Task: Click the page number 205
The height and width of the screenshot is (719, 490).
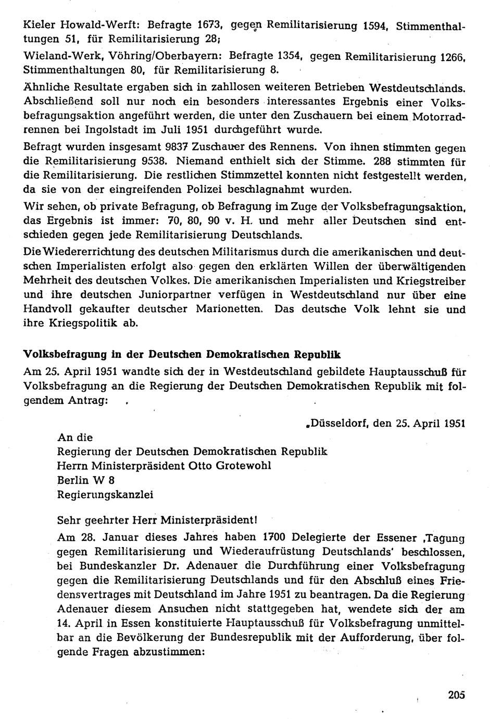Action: (x=455, y=694)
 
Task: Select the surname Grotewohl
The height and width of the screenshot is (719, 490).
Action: (x=239, y=465)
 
